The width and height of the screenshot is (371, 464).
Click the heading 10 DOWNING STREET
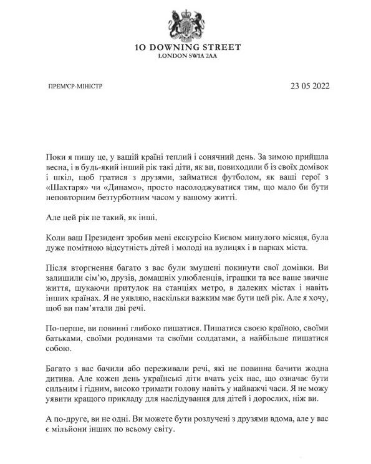(x=188, y=47)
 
